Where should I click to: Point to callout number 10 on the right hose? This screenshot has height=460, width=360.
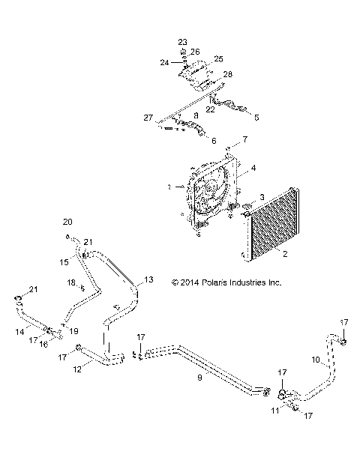[316, 360]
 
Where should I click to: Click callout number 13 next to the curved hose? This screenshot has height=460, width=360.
[148, 279]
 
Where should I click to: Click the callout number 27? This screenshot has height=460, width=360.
[148, 118]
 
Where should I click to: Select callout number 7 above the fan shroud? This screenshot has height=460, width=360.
[244, 140]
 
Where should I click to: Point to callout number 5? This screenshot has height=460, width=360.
[256, 118]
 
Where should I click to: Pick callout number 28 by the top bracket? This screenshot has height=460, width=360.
[227, 74]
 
